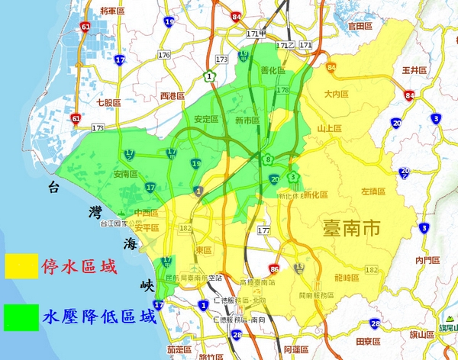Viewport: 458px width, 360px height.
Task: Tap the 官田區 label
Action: point(359,26)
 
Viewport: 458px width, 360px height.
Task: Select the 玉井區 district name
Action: point(412,70)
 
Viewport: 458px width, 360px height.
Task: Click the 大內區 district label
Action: point(335,95)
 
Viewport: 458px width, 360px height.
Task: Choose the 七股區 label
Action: point(109,102)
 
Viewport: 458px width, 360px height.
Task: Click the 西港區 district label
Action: point(173,96)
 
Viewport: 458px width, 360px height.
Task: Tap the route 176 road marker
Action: point(164,55)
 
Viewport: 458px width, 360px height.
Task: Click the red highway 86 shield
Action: point(275,268)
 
